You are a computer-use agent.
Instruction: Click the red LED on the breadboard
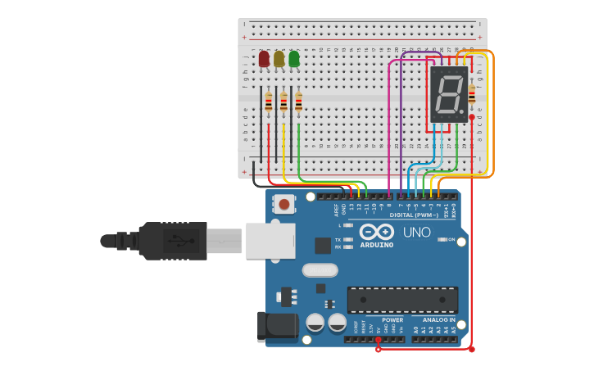[264, 59]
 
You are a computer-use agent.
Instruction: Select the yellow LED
[279, 59]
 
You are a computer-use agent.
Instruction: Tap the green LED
[293, 59]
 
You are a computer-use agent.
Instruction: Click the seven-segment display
[449, 93]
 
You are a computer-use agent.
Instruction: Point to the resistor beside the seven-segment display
[471, 93]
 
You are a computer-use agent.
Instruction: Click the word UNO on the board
[417, 233]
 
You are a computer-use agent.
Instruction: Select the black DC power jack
[277, 326]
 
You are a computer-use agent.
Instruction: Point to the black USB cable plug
[172, 241]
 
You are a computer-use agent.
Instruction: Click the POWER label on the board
[392, 320]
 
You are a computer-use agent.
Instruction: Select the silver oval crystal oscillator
[320, 270]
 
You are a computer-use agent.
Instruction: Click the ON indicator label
[451, 239]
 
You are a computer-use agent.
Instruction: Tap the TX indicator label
[338, 240]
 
